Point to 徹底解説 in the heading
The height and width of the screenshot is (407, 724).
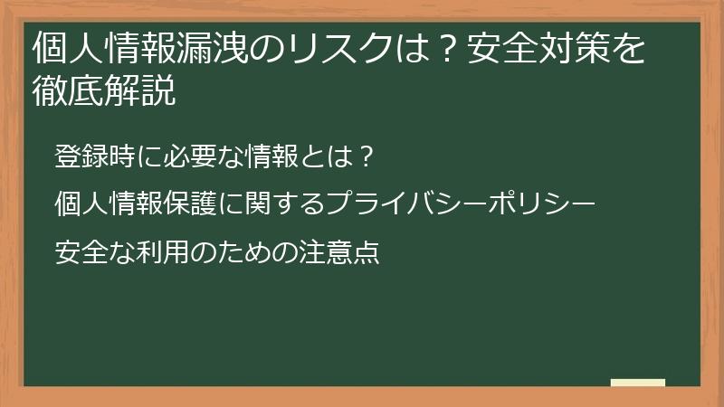104,90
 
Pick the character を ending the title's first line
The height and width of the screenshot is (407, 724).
628,48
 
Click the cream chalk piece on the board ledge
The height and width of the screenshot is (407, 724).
638,383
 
